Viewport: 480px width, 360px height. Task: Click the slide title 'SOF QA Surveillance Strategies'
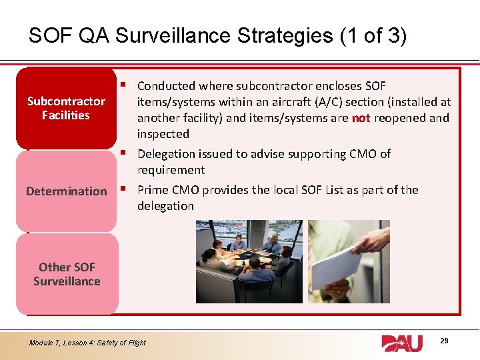[x=180, y=35]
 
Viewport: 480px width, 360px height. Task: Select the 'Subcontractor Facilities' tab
[x=66, y=108]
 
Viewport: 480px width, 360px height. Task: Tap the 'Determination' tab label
[x=66, y=191]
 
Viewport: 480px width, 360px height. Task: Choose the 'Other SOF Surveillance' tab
[x=66, y=274]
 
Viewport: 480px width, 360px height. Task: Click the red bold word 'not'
[x=361, y=118]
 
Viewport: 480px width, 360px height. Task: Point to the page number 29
[x=444, y=341]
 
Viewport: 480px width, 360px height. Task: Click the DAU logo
[x=402, y=343]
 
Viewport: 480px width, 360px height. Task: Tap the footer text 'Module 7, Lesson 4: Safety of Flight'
[x=87, y=343]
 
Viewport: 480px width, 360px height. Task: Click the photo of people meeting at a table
[x=249, y=261]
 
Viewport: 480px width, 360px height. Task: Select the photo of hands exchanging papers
[x=349, y=261]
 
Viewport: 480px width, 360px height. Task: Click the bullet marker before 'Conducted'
[x=126, y=85]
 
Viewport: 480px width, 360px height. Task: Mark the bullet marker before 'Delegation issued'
[x=126, y=153]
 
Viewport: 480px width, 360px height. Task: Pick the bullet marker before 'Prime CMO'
[x=126, y=189]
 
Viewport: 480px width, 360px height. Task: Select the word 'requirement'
[x=171, y=170]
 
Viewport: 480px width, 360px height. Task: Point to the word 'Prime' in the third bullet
[x=153, y=190]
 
